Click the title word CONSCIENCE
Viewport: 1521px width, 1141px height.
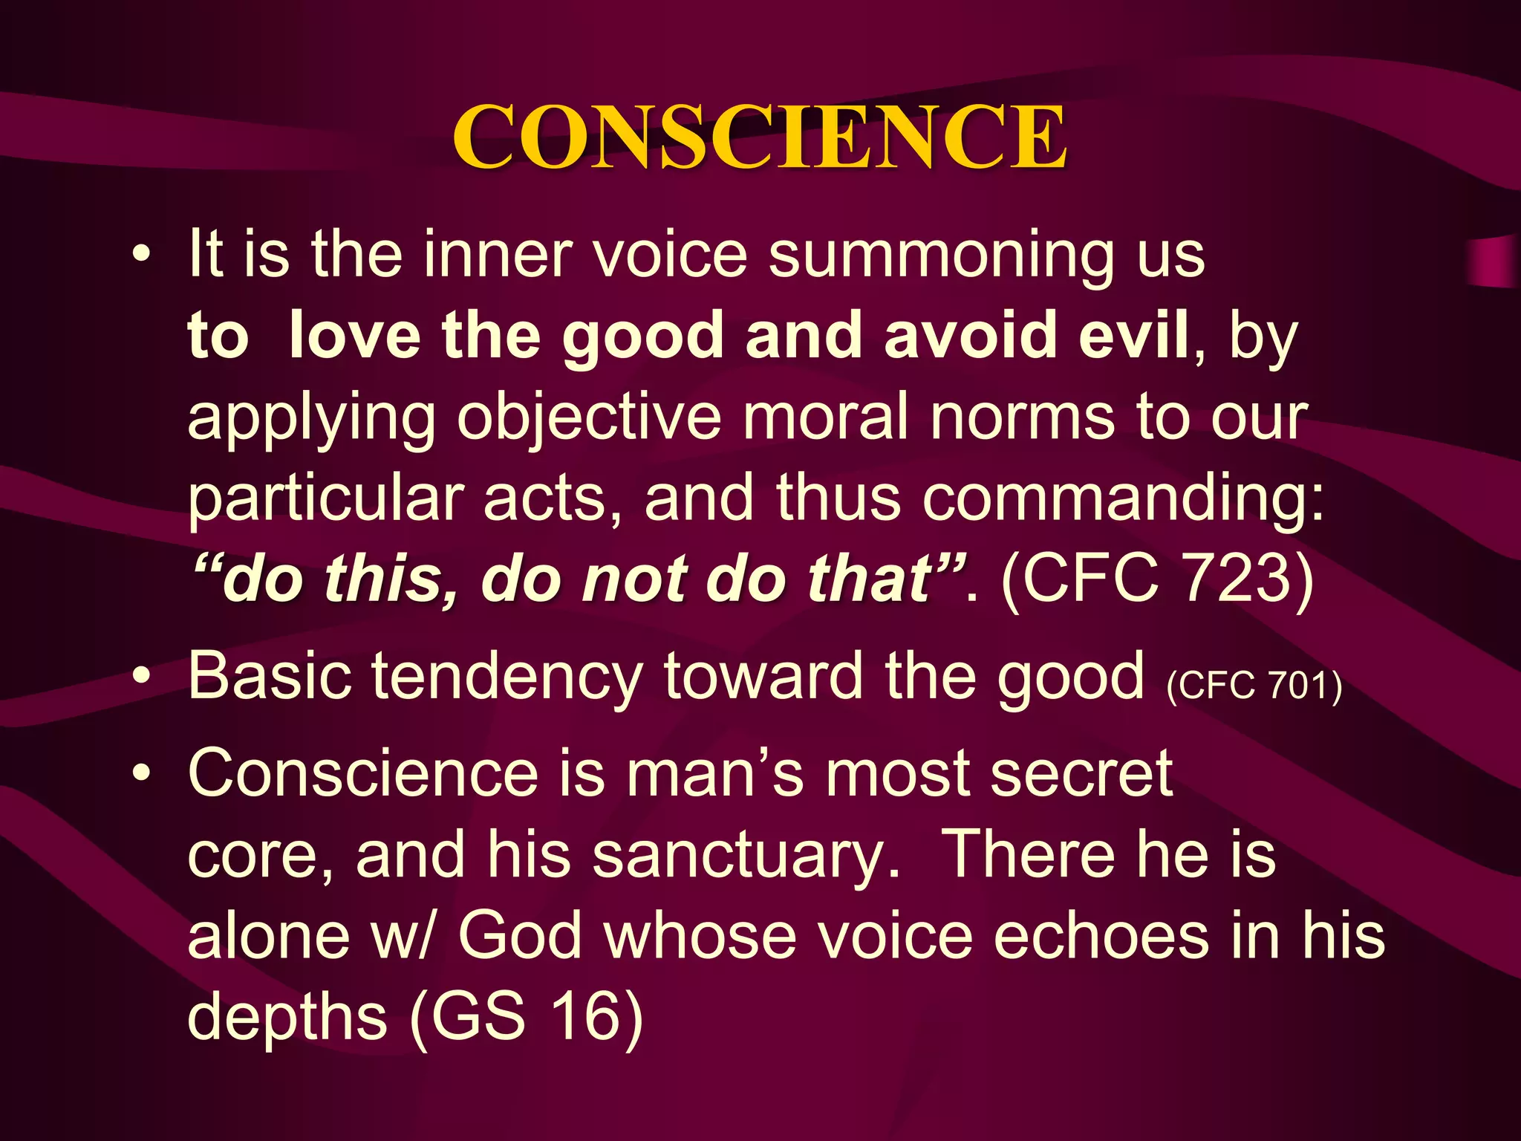coord(760,138)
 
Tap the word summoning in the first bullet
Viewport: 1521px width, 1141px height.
coord(941,256)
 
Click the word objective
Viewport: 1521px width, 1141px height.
coord(589,418)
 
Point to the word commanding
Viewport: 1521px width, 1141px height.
coord(1114,498)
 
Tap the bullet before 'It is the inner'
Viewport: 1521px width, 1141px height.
coord(140,256)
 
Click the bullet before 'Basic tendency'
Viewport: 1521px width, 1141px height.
coord(140,677)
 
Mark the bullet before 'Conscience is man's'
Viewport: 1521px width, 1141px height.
coord(140,774)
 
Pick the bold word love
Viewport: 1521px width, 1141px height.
coord(354,337)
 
